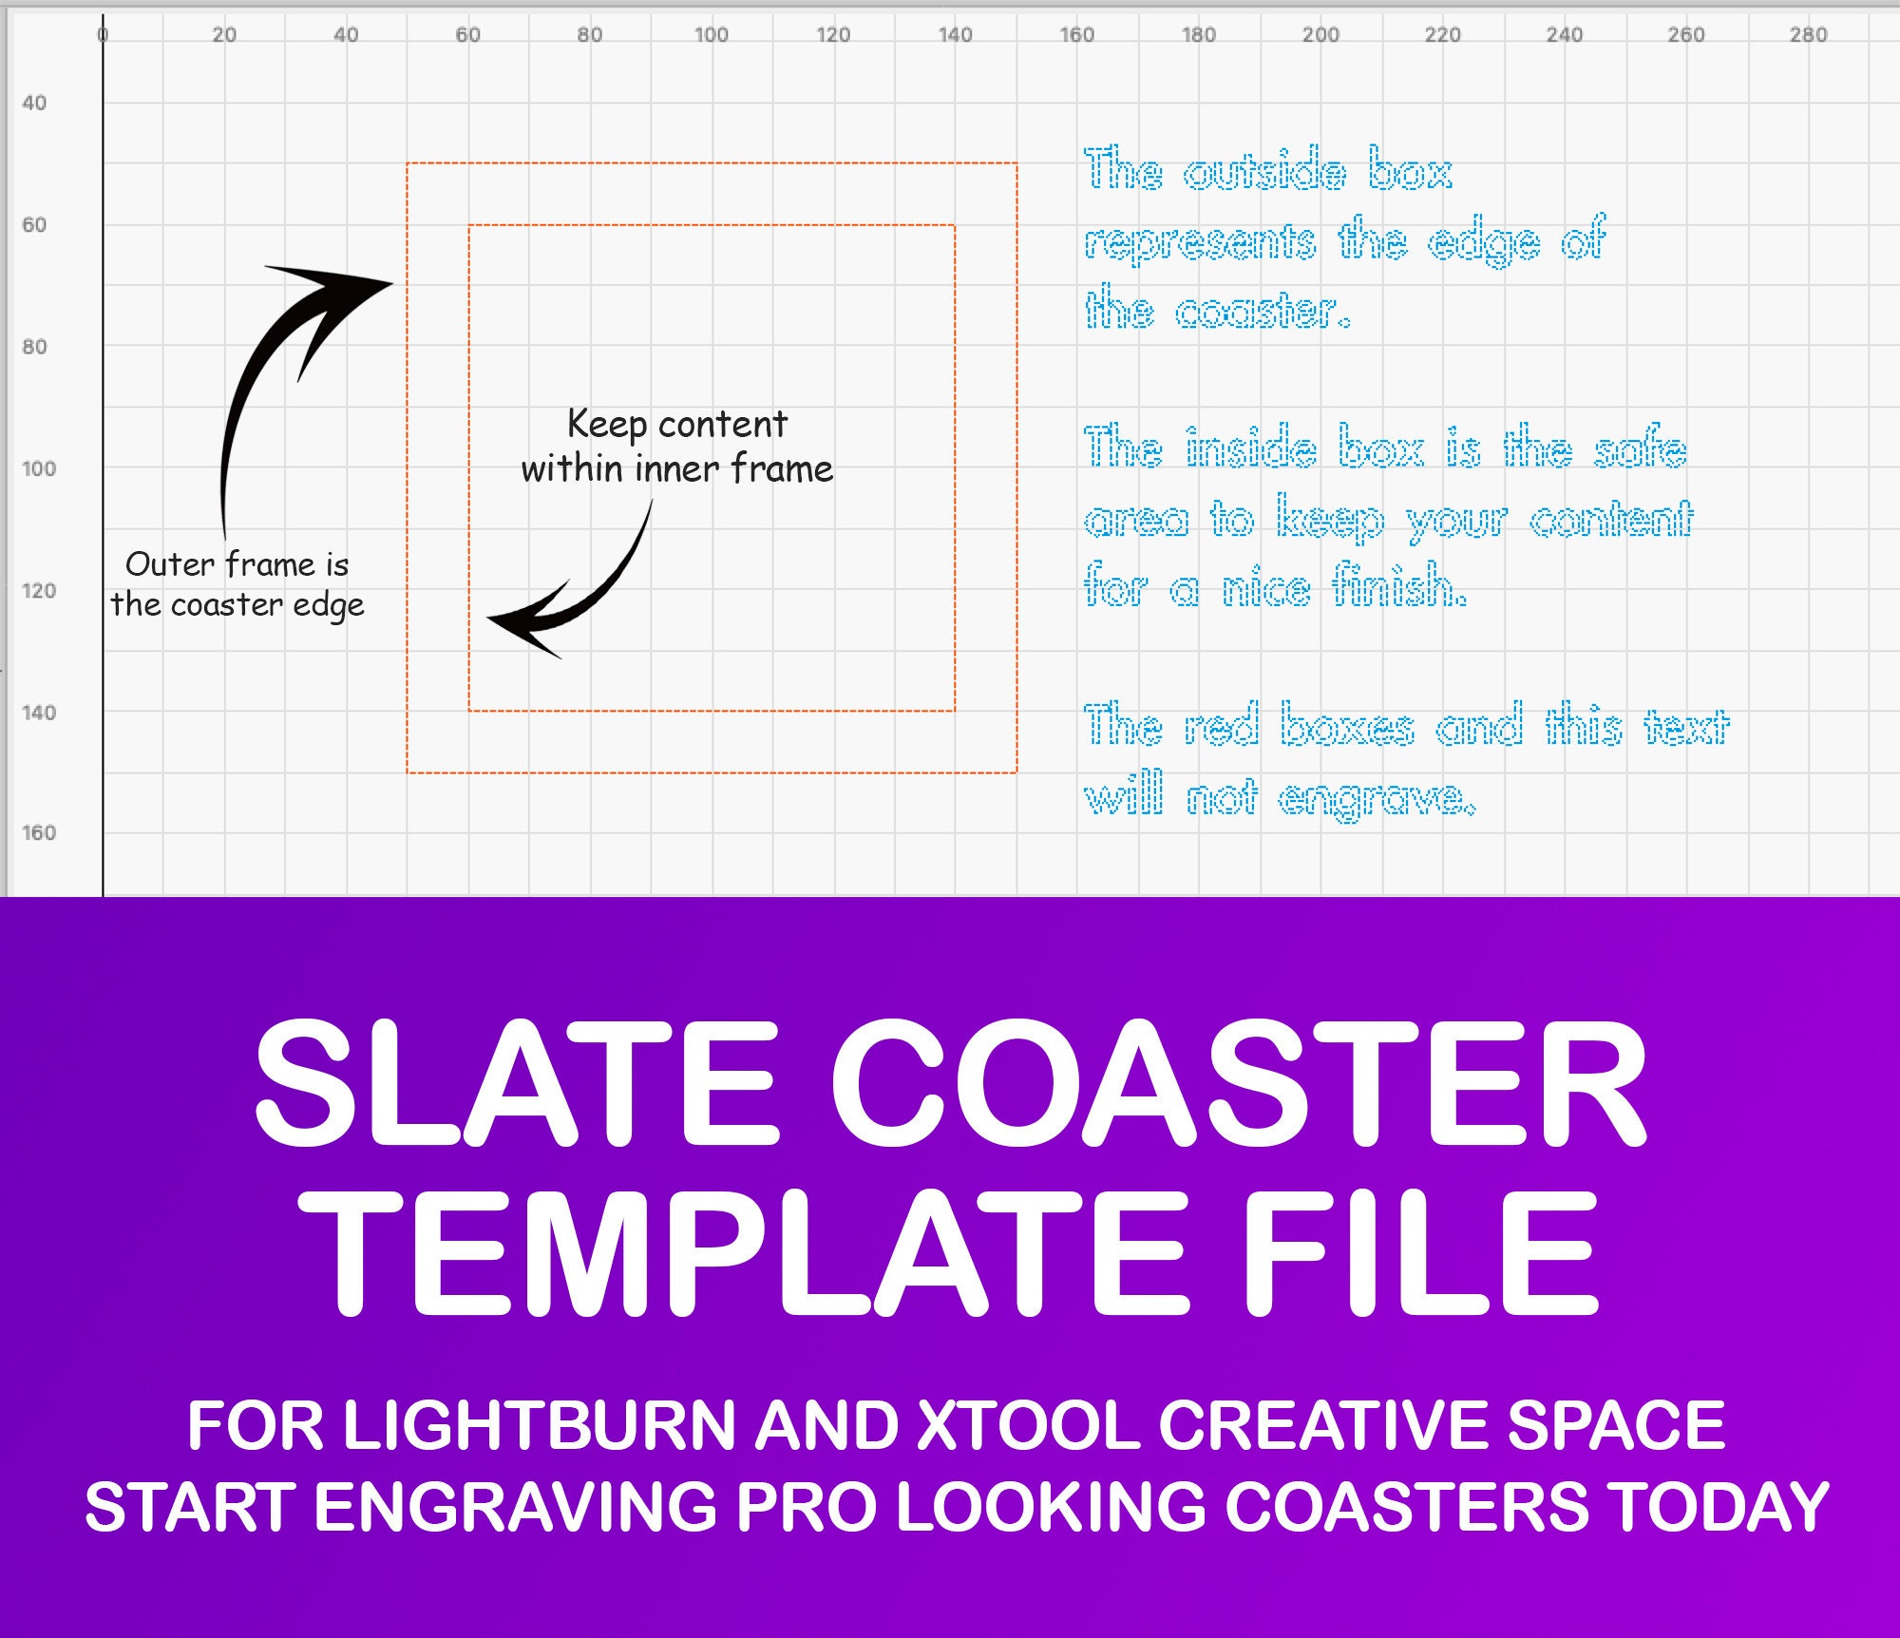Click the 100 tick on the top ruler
(x=711, y=35)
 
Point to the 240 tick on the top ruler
(x=1564, y=35)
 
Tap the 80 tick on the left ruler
(x=34, y=347)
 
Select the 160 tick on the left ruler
(x=38, y=833)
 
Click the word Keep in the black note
(x=606, y=425)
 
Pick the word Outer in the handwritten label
(x=170, y=564)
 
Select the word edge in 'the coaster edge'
(x=328, y=606)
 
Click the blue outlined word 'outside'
(x=1264, y=171)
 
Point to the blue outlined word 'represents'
(x=1200, y=242)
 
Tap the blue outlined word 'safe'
(x=1641, y=448)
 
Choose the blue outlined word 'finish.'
(x=1399, y=586)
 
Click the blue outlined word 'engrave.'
(x=1377, y=798)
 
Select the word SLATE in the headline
(x=518, y=1082)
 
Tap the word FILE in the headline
(x=1421, y=1253)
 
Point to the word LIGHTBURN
(x=539, y=1425)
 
